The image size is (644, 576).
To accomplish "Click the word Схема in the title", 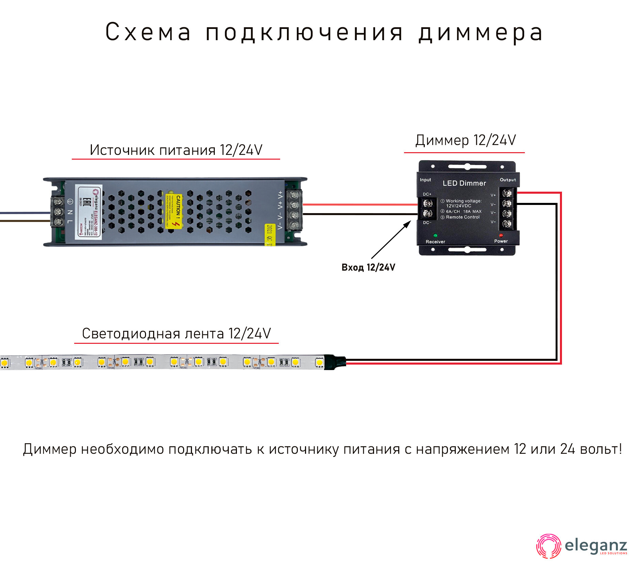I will pyautogui.click(x=148, y=32).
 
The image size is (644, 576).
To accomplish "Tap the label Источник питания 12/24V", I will pyautogui.click(x=176, y=150).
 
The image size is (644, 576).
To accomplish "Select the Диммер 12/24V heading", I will pyautogui.click(x=465, y=140).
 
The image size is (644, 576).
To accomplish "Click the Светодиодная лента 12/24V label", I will pyautogui.click(x=176, y=334).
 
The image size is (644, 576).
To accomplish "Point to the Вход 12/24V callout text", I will pyautogui.click(x=368, y=268).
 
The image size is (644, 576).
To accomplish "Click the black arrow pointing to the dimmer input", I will pyautogui.click(x=391, y=240).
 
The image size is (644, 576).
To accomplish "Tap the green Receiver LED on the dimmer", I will pyautogui.click(x=435, y=235).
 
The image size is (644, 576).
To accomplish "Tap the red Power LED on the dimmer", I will pyautogui.click(x=501, y=235).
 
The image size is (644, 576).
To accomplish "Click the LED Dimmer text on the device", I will pyautogui.click(x=464, y=183).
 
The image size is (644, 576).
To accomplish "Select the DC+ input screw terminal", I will pyautogui.click(x=428, y=203).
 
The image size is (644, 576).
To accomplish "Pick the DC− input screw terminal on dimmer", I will pyautogui.click(x=428, y=214).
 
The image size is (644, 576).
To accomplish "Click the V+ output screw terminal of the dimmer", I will pyautogui.click(x=507, y=193).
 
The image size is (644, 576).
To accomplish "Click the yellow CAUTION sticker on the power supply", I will pyautogui.click(x=174, y=211).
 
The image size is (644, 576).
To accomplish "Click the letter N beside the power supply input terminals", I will pyautogui.click(x=70, y=212).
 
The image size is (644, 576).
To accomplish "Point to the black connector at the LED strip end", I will pyautogui.click(x=335, y=362).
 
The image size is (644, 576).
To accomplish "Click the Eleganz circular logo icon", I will pyautogui.click(x=548, y=546).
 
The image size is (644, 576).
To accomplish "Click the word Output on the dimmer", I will pyautogui.click(x=508, y=180).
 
